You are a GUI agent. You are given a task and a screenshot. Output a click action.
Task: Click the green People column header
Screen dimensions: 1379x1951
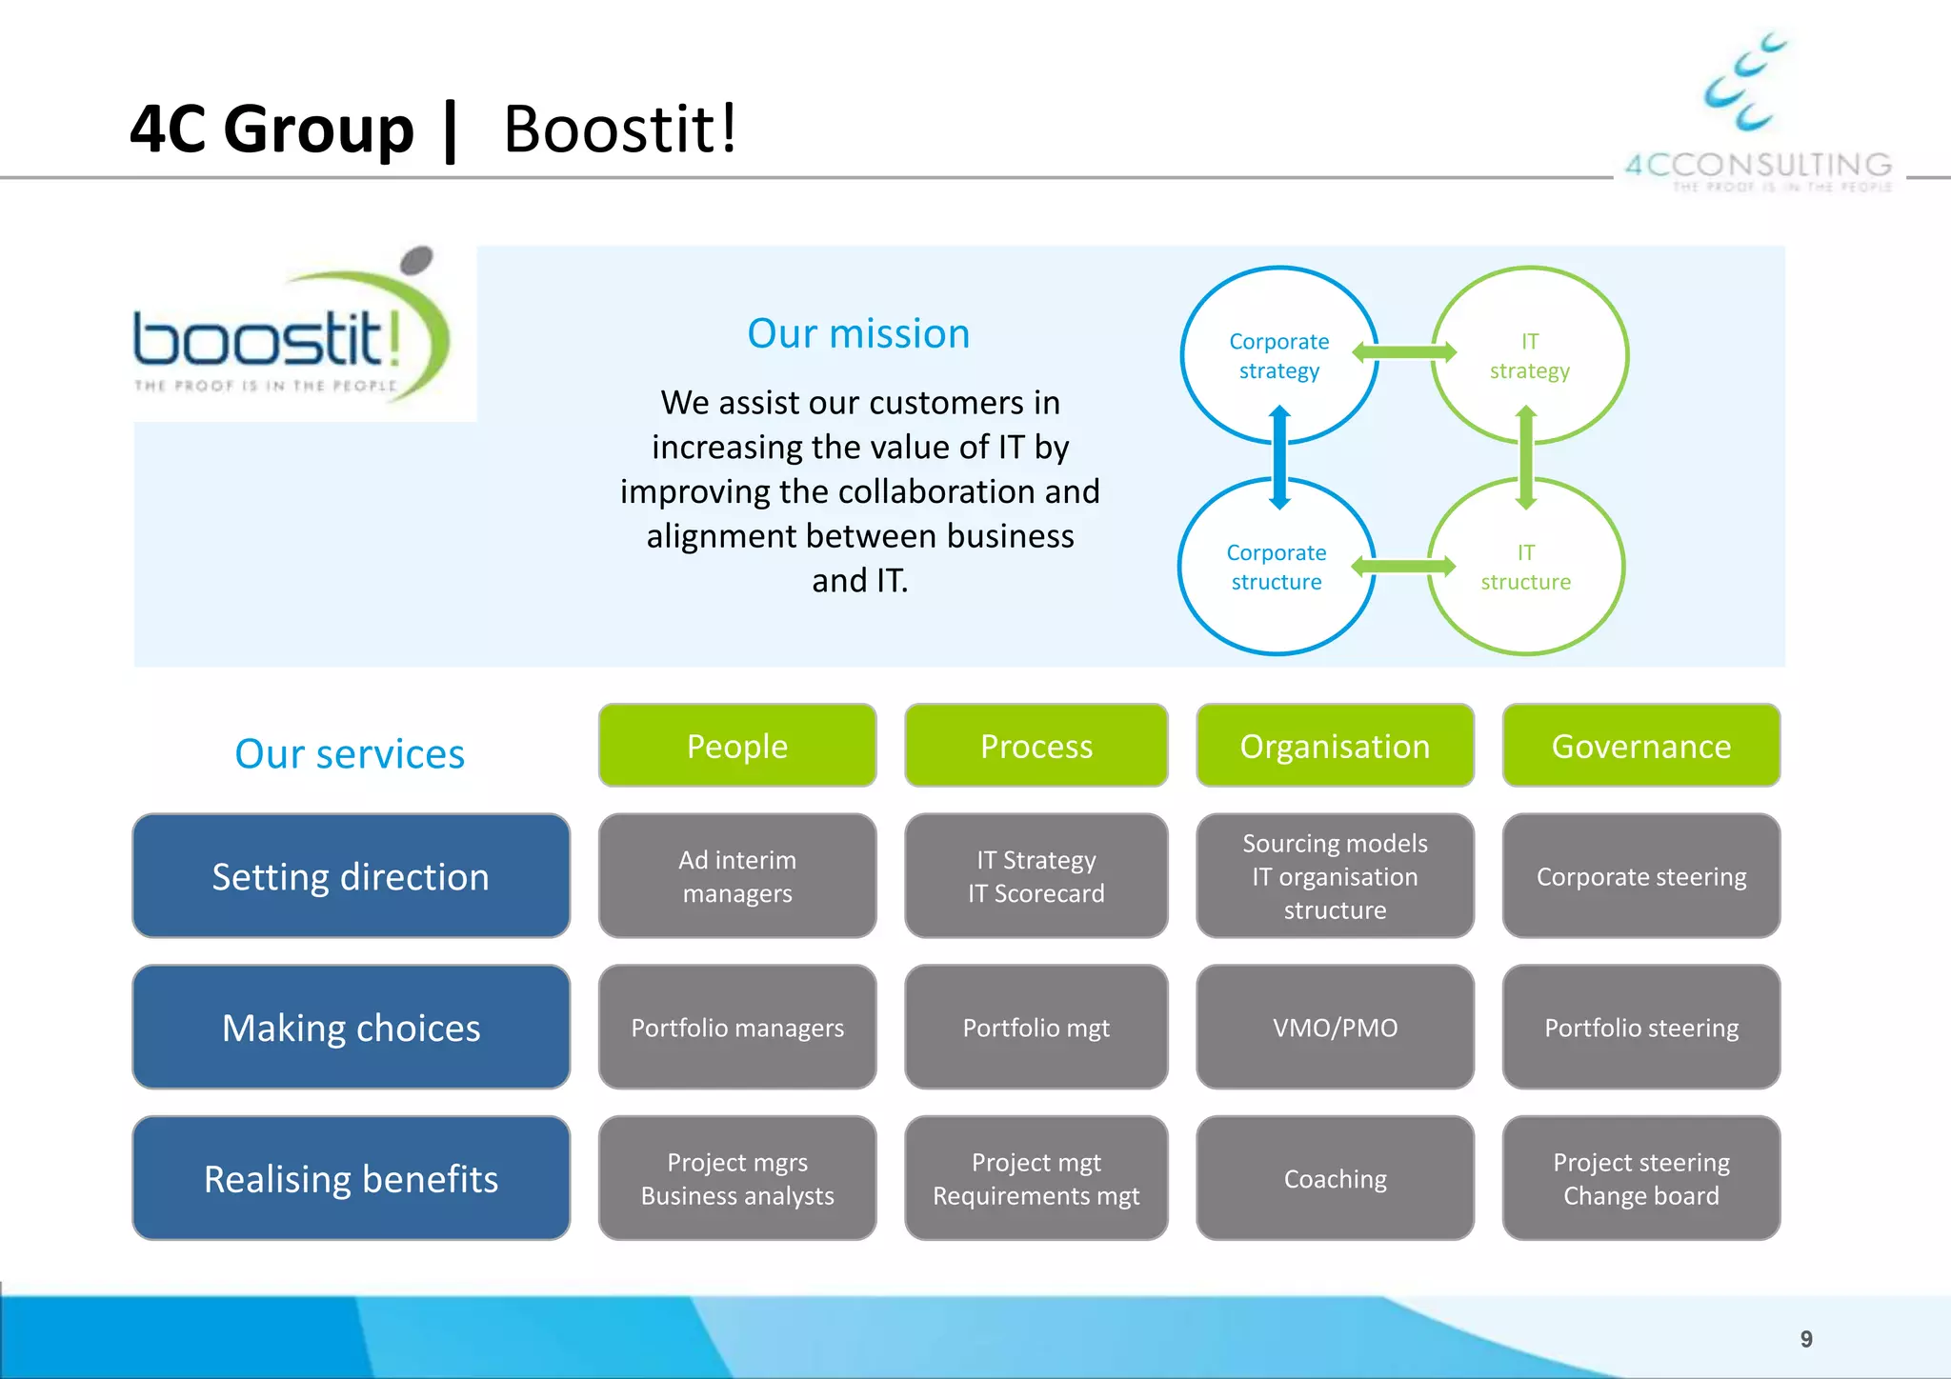737,746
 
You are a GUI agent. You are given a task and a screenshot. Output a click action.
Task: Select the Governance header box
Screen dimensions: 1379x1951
1640,746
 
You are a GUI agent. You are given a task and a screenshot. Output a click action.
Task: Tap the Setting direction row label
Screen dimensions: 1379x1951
351,876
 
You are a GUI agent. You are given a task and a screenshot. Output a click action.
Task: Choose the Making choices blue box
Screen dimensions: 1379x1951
351,1028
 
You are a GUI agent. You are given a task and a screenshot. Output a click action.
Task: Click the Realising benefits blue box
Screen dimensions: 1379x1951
351,1179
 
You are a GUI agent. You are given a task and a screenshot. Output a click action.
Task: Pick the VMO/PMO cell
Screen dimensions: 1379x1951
1335,1028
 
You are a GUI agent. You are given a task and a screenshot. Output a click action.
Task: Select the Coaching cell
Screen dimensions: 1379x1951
1335,1179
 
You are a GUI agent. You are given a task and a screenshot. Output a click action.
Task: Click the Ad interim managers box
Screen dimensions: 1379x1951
737,876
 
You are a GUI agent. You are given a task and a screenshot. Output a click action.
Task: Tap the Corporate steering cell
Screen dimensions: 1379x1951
1640,876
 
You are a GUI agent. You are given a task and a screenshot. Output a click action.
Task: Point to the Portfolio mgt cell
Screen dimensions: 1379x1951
1036,1028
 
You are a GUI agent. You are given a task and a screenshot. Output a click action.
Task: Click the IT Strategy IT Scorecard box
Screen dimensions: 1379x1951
1036,876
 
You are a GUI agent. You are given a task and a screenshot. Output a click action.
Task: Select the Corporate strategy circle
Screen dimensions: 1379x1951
1278,355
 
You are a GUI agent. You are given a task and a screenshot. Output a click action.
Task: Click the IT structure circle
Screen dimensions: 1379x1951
1525,567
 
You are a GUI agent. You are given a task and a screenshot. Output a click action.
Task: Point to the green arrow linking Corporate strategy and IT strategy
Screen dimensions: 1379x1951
1404,352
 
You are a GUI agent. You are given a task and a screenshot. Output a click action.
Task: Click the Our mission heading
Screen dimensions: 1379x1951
858,333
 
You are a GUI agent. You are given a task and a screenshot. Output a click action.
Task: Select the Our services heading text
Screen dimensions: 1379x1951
350,753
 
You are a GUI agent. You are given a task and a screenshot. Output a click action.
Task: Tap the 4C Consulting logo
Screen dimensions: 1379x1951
1757,114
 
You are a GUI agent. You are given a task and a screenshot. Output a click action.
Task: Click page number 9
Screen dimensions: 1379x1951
1805,1339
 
